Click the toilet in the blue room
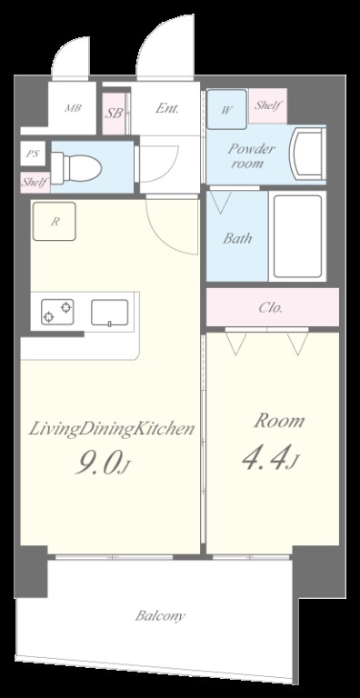coord(75,167)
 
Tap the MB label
coord(73,108)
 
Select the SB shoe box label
coord(114,113)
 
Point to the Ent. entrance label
coord(167,108)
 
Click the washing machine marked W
coord(226,109)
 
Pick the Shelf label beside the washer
coord(267,105)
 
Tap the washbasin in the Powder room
coord(307,154)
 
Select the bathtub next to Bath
coord(297,236)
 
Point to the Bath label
coord(237,238)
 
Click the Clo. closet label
coord(271,307)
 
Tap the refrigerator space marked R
coord(54,221)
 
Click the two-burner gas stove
coord(57,312)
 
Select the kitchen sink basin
coord(110,313)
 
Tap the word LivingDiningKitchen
coord(112,430)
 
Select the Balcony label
coord(160,616)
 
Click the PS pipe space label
coord(32,154)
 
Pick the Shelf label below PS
coord(35,183)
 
